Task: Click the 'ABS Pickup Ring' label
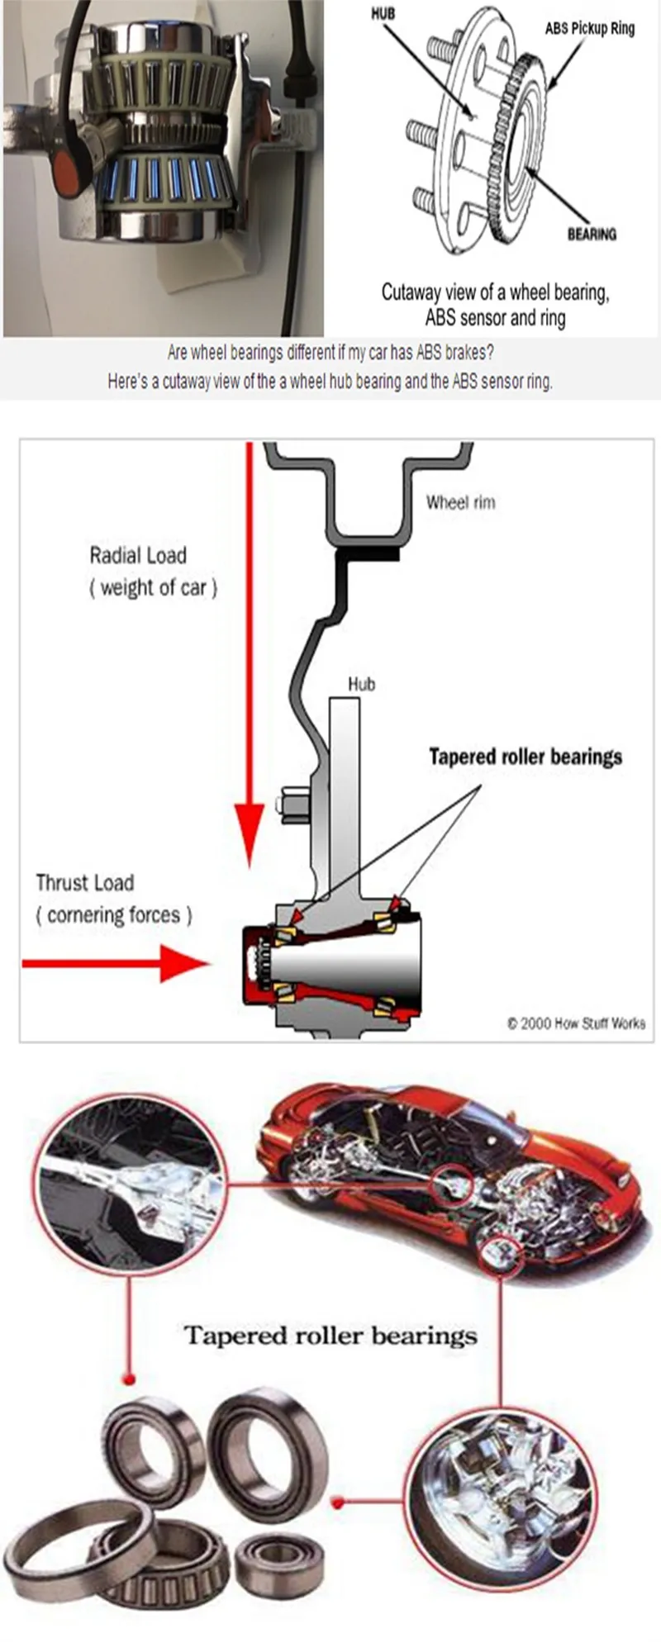point(589,28)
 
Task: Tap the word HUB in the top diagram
point(383,14)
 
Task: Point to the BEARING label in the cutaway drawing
point(592,235)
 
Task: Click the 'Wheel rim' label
point(460,502)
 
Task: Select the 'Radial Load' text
point(138,555)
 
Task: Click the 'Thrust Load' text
point(84,883)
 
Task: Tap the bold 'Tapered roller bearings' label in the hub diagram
point(525,757)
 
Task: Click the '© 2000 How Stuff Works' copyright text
point(576,1023)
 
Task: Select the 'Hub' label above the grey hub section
point(361,684)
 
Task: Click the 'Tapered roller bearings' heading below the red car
point(330,1336)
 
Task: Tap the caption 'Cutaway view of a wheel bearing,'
point(495,292)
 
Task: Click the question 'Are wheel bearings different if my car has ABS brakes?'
point(330,354)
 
